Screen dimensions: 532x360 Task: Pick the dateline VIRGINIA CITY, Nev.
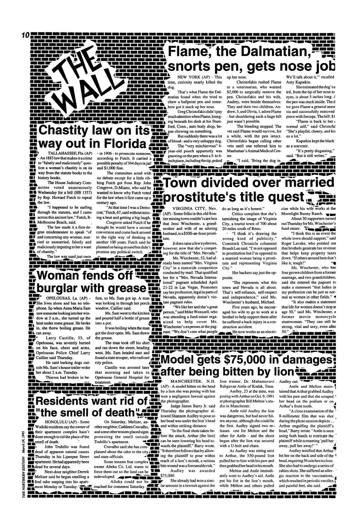tap(193, 208)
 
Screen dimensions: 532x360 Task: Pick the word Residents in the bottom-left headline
tap(66, 401)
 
